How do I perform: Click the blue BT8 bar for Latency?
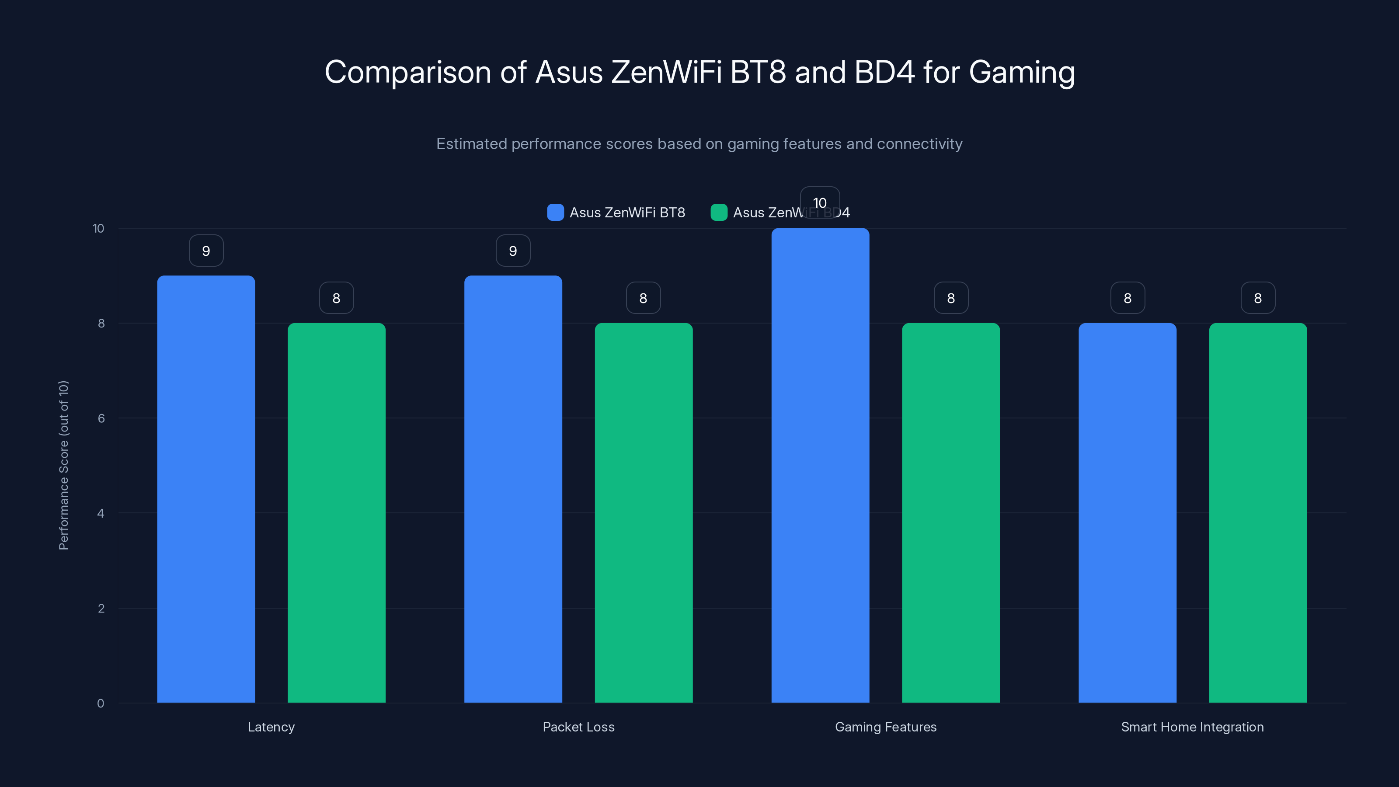(x=206, y=489)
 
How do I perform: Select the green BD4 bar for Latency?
(x=336, y=513)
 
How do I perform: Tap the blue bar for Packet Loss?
(x=513, y=489)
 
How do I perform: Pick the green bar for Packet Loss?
(x=644, y=513)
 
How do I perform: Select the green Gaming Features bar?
(x=950, y=513)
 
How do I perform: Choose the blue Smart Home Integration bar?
(x=1128, y=513)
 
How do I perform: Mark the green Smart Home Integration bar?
(x=1258, y=513)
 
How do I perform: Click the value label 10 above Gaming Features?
(x=820, y=202)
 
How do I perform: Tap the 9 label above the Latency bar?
(x=206, y=251)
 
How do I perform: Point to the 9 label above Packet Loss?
(x=513, y=251)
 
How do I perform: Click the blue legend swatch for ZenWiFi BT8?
(x=555, y=212)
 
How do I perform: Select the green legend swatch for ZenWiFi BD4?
(x=718, y=212)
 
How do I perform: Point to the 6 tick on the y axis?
(x=101, y=418)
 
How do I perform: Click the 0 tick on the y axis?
(x=101, y=703)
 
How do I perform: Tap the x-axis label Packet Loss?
(x=578, y=727)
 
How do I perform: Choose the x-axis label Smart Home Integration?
(x=1192, y=727)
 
